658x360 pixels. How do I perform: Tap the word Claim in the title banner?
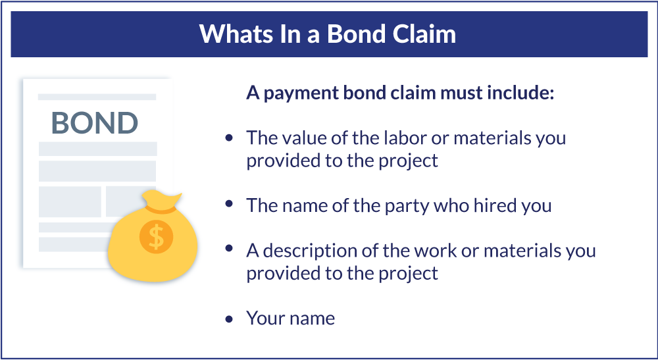422,34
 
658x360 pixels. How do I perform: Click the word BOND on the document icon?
95,123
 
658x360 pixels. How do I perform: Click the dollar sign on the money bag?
156,236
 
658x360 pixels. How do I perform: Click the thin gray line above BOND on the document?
97,97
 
